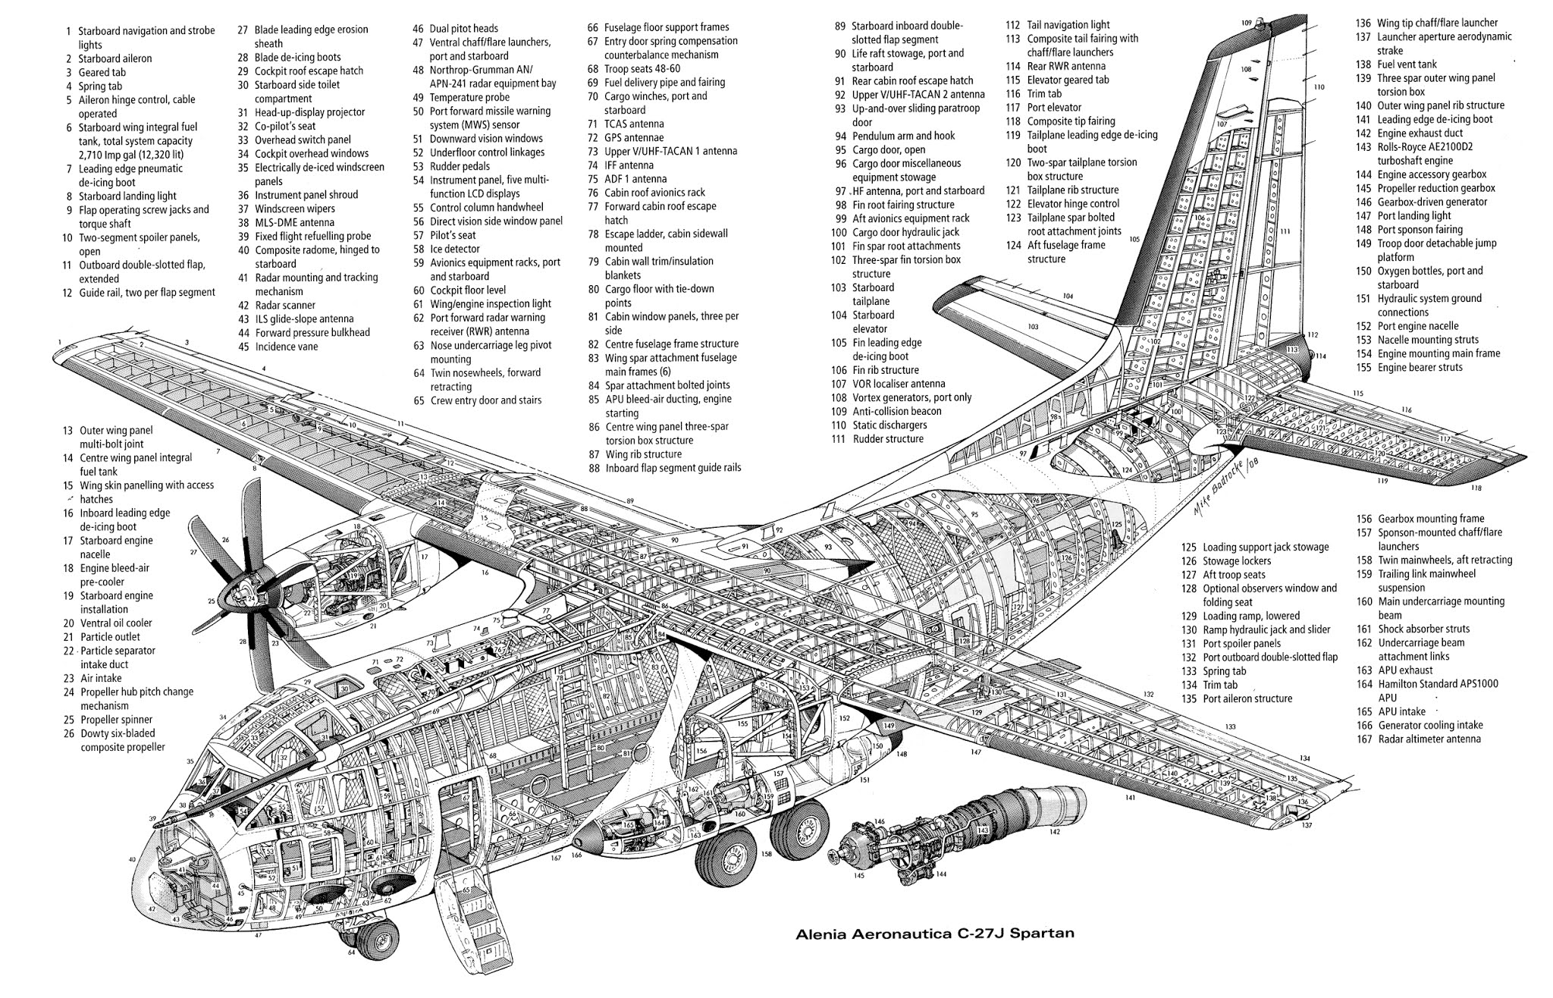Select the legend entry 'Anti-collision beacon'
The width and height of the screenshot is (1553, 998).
(896, 412)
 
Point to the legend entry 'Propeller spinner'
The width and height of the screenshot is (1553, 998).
(116, 720)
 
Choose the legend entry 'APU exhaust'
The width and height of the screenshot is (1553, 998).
(1404, 670)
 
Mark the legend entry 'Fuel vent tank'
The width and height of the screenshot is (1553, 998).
(1407, 64)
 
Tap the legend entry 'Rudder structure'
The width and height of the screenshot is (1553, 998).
(888, 439)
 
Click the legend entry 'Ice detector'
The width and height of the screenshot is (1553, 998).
(454, 249)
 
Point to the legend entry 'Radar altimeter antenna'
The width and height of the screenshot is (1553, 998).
(1429, 739)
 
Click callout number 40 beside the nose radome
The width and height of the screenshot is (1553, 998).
(132, 860)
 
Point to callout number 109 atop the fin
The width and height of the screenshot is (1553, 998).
(1246, 23)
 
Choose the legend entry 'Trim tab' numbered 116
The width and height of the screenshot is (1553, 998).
(1043, 94)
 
